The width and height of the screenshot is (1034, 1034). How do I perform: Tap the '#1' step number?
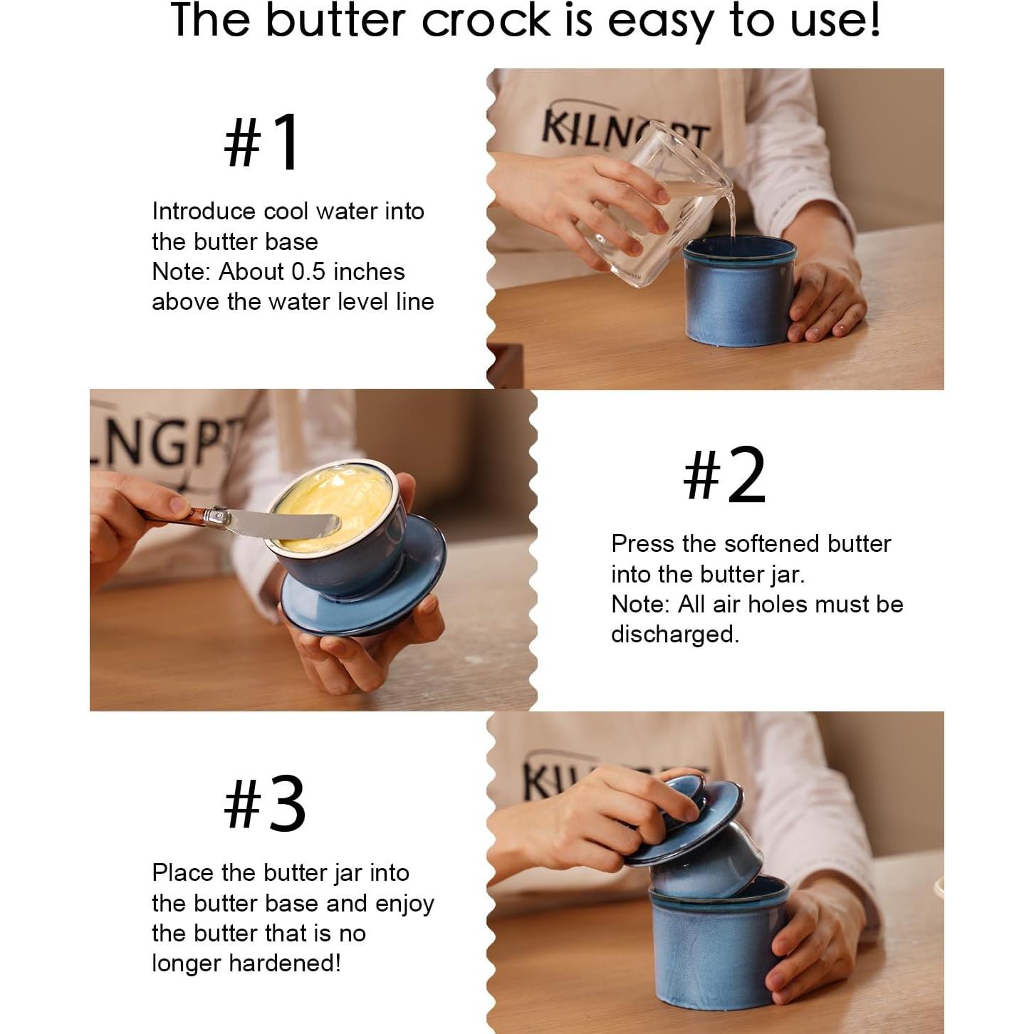click(x=262, y=142)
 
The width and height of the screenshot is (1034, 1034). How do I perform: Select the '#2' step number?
click(x=724, y=474)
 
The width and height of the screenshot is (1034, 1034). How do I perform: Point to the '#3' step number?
click(x=264, y=805)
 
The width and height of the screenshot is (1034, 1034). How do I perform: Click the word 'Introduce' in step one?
click(x=204, y=211)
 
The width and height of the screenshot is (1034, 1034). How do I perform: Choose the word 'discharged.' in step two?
click(x=675, y=634)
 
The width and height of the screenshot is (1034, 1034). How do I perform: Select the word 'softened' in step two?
click(x=772, y=544)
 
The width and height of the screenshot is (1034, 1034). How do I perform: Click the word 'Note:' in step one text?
click(x=182, y=272)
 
